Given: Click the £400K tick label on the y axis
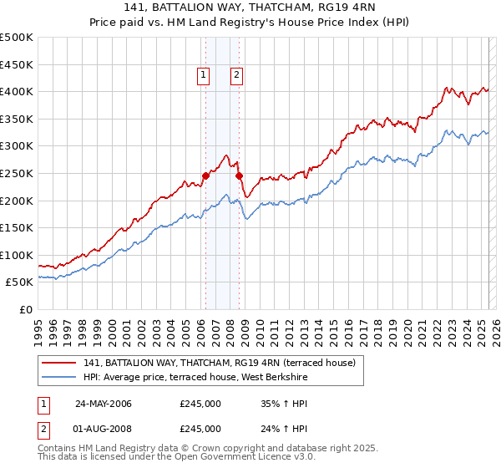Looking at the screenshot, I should [x=17, y=91].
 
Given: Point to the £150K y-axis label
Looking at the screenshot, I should [x=17, y=227].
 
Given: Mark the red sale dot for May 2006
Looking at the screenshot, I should [x=205, y=175].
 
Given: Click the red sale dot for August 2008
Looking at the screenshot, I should [x=239, y=175].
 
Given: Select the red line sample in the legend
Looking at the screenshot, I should [x=58, y=363].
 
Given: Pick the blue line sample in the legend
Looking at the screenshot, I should [x=58, y=377].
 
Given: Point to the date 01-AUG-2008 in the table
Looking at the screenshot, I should [x=104, y=429].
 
